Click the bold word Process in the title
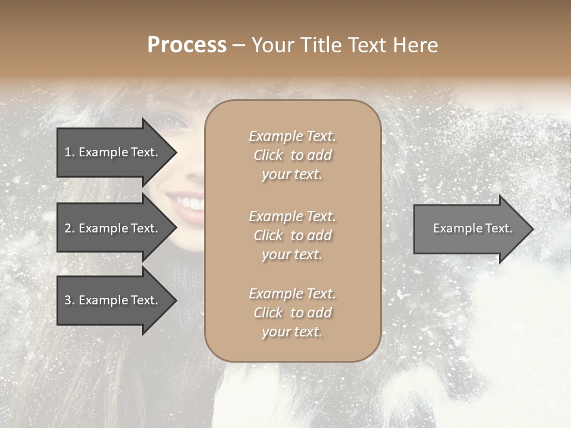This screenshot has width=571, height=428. click(187, 45)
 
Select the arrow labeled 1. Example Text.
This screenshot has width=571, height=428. click(113, 152)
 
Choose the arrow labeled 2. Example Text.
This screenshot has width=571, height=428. click(113, 228)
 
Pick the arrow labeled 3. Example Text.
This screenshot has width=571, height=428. click(113, 300)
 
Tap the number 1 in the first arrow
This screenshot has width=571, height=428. click(68, 152)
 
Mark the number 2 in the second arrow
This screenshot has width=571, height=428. click(68, 228)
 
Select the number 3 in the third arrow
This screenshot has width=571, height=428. click(68, 300)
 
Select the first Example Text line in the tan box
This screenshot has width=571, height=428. click(292, 136)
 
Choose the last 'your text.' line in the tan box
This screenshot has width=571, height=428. click(292, 332)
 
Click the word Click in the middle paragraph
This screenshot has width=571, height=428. click(268, 235)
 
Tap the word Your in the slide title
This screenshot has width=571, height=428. click(272, 45)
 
